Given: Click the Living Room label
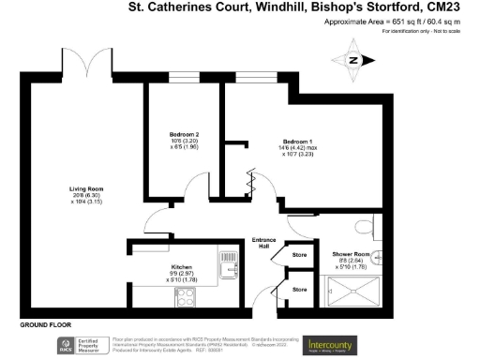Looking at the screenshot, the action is tap(84, 189).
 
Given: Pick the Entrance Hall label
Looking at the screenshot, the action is tap(265, 243).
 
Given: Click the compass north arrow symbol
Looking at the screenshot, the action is tap(353, 60).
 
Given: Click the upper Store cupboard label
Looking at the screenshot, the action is tap(299, 254).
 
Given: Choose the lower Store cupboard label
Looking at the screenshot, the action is tap(299, 290).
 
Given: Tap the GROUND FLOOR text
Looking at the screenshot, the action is tap(47, 324).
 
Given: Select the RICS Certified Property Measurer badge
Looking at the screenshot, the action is tap(80, 345).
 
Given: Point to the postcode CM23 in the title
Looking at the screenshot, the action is tap(456, 7).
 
